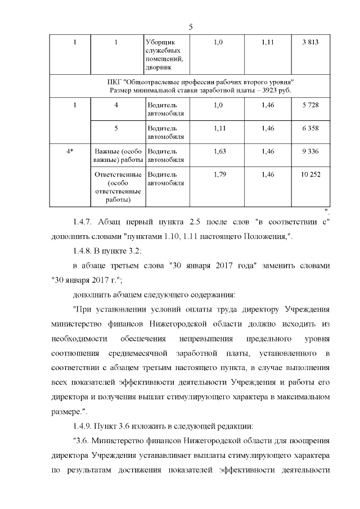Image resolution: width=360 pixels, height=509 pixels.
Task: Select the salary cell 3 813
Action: pyautogui.click(x=310, y=43)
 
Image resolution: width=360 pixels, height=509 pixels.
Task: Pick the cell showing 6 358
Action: pyautogui.click(x=310, y=128)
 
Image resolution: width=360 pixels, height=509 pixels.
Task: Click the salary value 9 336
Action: pyautogui.click(x=310, y=151)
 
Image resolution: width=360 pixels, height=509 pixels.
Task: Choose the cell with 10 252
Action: pyautogui.click(x=310, y=174)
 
